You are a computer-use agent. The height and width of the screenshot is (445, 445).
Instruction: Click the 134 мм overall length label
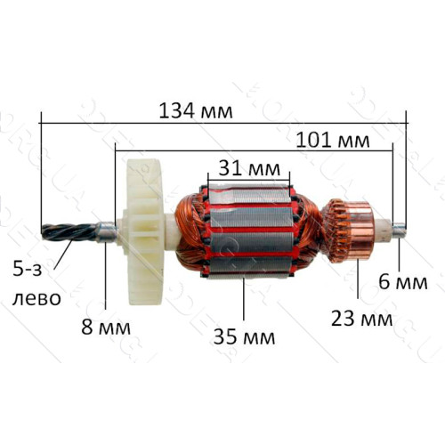pos(196,111)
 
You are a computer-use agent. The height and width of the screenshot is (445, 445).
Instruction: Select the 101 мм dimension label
pos(333,140)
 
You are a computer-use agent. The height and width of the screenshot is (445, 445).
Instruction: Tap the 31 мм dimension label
pos(249,168)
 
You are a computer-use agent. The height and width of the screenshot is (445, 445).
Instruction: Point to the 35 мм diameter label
pos(244,336)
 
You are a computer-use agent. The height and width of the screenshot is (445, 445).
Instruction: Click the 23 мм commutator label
pos(361,319)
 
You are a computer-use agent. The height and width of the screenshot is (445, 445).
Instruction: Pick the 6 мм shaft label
pos(403,282)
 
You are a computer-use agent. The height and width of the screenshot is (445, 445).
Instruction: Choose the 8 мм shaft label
pos(106,328)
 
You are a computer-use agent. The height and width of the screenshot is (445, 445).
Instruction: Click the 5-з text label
pos(27,271)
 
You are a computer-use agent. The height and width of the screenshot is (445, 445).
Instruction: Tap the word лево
pos(36,298)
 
